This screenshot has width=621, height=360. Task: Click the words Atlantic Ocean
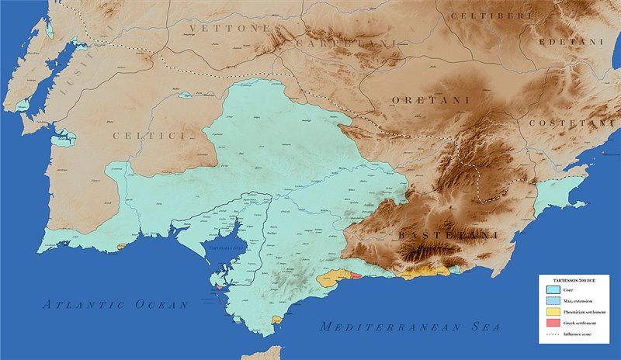point(116,305)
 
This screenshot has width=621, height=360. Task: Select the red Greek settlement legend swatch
point(552,323)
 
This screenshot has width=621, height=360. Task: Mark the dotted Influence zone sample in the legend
point(552,334)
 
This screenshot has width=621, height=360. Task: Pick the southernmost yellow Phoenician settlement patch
point(276,320)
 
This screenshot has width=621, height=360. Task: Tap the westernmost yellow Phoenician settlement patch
point(121,247)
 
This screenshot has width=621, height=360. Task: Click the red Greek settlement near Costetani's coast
point(603,157)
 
